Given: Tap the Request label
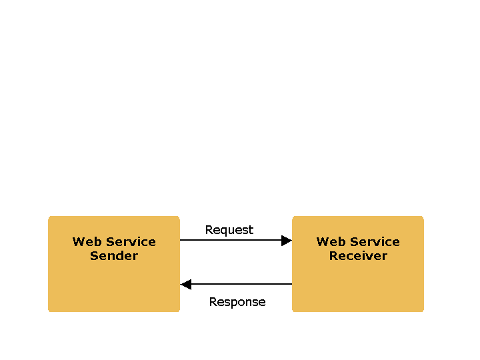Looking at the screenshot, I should [229, 230].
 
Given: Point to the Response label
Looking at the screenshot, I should [237, 302].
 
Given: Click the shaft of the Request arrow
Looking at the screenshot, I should [230, 241].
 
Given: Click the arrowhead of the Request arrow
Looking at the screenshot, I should [287, 241].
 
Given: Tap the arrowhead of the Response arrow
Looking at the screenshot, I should [186, 285].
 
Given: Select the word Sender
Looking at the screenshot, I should [114, 256].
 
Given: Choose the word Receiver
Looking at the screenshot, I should [358, 256].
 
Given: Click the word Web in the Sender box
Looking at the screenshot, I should [84, 242].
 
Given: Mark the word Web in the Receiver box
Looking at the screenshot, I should [328, 242].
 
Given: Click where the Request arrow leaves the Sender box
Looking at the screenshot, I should [181, 241].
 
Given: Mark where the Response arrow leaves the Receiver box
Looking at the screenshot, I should [291, 285].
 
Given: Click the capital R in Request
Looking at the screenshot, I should [209, 230].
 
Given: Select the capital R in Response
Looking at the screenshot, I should [213, 302].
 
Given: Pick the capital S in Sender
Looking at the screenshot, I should [94, 256].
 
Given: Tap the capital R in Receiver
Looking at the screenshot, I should [333, 256].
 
